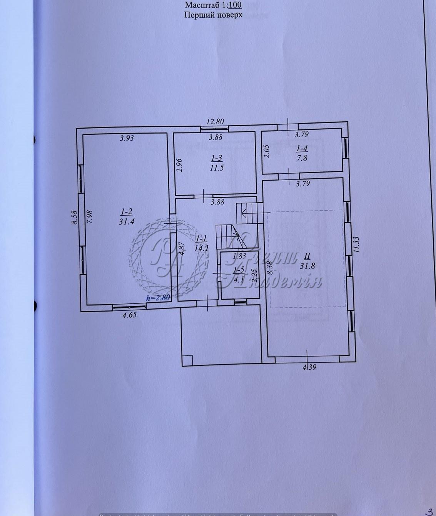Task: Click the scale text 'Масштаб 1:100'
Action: coord(213,5)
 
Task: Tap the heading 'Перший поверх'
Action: coord(213,15)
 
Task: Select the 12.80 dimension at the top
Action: coord(215,121)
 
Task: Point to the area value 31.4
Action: coord(127,221)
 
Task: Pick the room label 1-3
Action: coord(217,158)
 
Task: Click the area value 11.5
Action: coord(217,168)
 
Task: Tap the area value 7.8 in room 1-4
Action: coord(302,157)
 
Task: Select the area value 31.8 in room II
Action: coord(307,265)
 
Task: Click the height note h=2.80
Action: coord(158,298)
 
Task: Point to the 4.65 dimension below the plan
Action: coord(129,315)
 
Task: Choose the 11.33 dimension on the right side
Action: coord(356,244)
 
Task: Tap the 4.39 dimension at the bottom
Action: coord(309,367)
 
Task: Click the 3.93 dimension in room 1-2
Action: coord(127,138)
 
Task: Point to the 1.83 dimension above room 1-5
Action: coord(239,256)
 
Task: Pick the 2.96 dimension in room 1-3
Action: coord(179,166)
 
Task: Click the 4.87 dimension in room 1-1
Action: coord(183,248)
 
